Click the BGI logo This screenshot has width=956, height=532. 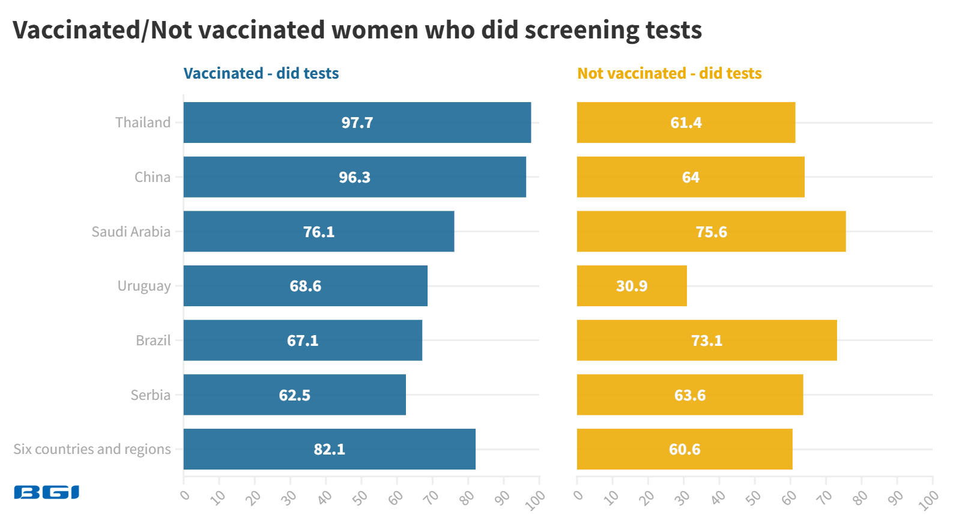coord(46,492)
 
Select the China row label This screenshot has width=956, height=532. coord(153,177)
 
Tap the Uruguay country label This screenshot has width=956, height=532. coord(144,286)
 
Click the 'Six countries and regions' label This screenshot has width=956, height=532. coord(92,449)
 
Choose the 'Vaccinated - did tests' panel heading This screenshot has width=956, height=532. coord(261,73)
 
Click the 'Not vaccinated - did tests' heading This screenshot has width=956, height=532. coord(669,73)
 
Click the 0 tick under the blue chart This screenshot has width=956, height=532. coord(185,495)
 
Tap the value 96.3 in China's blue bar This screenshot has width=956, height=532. coord(354,177)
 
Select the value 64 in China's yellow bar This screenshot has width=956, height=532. coord(691,177)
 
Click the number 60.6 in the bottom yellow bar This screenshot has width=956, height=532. coord(685,449)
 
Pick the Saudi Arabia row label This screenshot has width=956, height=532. coord(131,231)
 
